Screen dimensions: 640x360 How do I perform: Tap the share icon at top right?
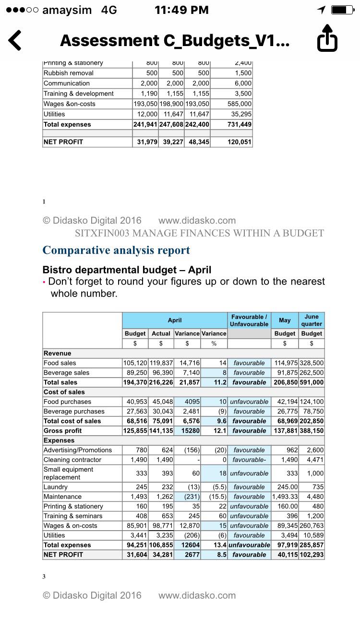(327, 38)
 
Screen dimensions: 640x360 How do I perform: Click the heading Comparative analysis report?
(116, 250)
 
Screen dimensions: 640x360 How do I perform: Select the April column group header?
(175, 320)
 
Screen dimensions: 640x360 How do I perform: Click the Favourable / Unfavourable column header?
(249, 320)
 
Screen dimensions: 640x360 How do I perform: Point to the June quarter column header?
(312, 320)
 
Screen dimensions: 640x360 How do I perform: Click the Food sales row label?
(60, 363)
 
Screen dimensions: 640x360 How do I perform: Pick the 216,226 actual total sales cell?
(161, 382)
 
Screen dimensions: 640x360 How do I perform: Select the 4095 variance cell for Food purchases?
(187, 402)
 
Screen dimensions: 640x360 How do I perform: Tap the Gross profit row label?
(62, 430)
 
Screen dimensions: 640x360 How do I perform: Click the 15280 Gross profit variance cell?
(187, 430)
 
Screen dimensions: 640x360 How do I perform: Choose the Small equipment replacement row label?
(68, 473)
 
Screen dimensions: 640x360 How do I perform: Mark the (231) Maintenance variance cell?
(187, 497)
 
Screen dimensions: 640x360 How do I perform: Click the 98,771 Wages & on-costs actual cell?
(161, 525)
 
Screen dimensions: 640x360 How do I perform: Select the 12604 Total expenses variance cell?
(187, 545)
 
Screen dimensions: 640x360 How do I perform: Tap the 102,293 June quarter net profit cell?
(312, 555)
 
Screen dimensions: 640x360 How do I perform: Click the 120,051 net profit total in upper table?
(231, 142)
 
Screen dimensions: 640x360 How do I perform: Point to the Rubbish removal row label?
(69, 73)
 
